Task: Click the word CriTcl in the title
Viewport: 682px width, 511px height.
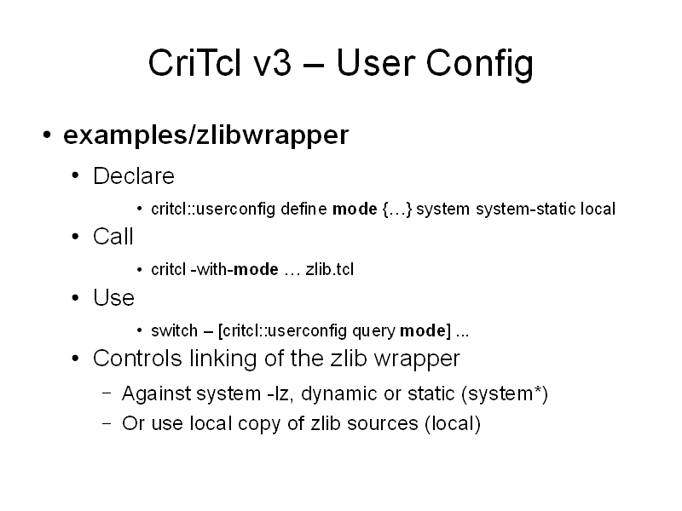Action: coord(194,62)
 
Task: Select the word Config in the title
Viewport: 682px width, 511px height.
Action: coord(479,66)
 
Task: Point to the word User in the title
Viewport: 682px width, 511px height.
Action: coord(375,62)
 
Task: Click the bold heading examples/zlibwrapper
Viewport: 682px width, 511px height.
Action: coord(206,135)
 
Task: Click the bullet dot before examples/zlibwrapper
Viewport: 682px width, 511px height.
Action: coord(48,135)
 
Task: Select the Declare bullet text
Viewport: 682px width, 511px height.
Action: coord(134,176)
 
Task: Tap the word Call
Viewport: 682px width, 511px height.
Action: coord(113,237)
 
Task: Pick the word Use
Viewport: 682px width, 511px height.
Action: coord(113,297)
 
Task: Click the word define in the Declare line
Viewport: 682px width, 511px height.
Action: coord(303,209)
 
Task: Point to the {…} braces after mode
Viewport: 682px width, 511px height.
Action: coord(396,210)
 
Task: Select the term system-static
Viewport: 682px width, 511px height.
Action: coord(525,210)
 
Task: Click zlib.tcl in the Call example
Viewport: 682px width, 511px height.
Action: coord(330,269)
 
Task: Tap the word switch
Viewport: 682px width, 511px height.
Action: coord(174,330)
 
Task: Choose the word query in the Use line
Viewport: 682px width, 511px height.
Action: coord(373,332)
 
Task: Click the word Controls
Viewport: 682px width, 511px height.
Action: coord(137,359)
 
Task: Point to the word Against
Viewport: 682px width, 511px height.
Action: coord(157,394)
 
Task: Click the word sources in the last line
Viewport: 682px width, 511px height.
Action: coord(382,424)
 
